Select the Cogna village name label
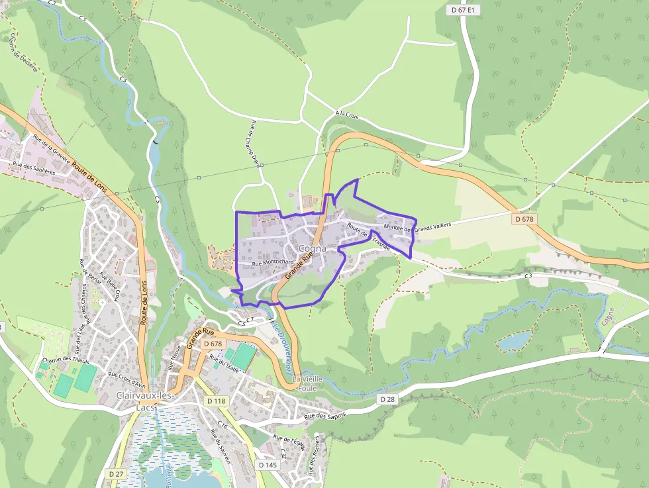313,248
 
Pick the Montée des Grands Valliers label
417,226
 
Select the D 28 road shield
387,399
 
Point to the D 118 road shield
216,401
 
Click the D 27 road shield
116,473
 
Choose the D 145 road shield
268,465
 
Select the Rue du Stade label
224,364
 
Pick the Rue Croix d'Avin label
126,378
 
